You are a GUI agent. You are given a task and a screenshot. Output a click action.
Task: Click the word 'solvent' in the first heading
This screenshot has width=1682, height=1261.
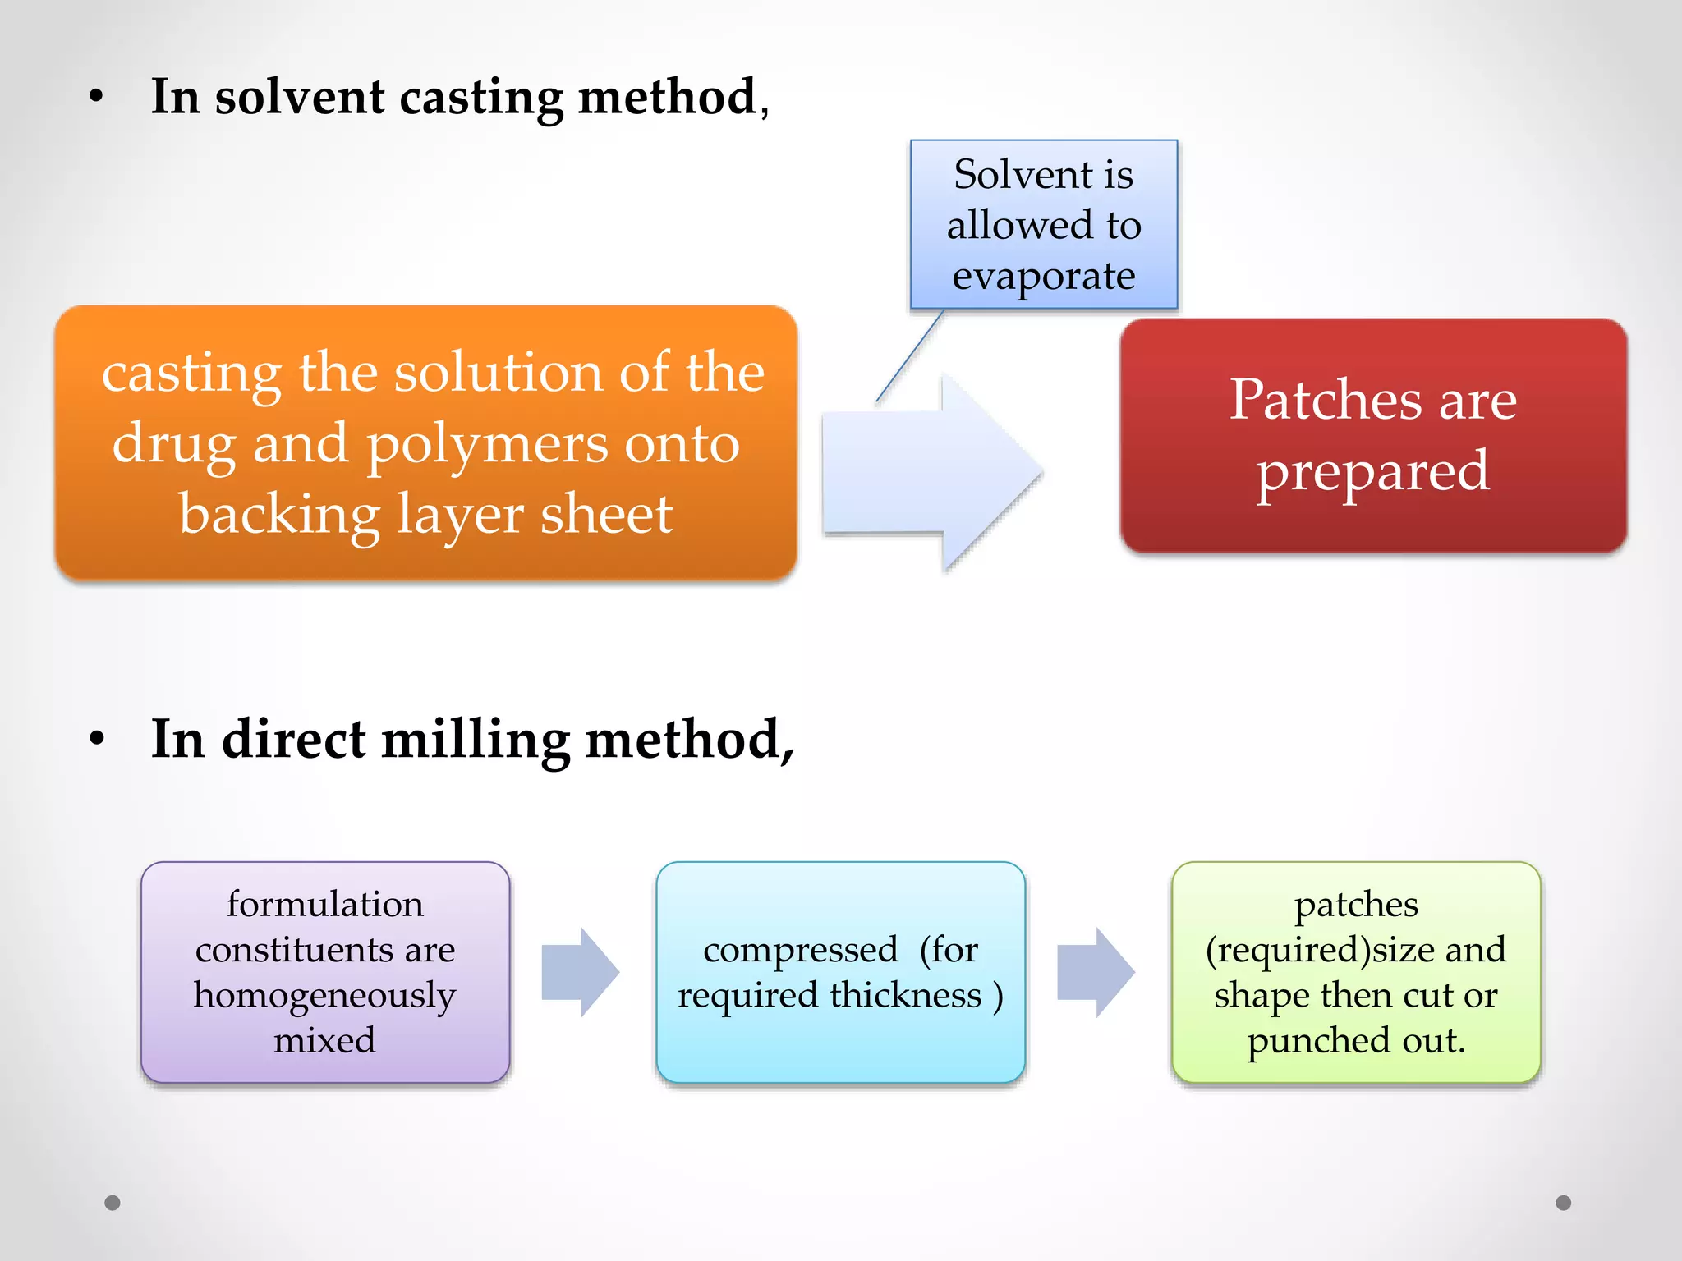299,97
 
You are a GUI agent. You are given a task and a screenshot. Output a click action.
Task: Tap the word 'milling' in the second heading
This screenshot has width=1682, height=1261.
476,740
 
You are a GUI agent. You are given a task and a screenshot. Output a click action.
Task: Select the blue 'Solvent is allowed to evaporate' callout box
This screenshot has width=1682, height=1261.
1043,224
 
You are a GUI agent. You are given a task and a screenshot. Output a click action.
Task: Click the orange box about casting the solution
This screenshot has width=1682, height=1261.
425,443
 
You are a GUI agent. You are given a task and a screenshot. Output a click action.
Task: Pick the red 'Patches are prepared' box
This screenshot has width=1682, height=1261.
1372,435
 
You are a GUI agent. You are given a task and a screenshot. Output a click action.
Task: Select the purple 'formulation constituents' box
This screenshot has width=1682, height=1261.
325,972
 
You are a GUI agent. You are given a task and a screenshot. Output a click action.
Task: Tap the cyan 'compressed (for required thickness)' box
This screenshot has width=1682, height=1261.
840,972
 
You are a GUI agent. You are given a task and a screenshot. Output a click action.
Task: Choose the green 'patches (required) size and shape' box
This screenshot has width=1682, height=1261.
1355,972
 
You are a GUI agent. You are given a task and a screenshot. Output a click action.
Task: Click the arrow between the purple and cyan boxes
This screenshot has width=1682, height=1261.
580,972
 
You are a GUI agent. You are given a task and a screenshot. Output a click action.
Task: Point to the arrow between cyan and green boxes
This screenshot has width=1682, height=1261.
1096,972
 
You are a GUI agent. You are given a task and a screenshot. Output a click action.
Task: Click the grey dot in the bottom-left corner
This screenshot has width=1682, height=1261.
113,1203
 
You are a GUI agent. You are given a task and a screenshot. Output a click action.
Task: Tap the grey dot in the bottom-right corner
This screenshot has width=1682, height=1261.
1563,1203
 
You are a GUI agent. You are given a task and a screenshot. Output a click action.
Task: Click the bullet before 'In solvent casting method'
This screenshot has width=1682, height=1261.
97,97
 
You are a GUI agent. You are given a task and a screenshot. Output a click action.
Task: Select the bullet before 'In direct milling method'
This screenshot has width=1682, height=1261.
97,739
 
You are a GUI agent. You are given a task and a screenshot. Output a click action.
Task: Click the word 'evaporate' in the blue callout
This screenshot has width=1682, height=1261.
1043,276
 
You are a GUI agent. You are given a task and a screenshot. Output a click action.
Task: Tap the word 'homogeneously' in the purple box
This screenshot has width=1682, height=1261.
324,995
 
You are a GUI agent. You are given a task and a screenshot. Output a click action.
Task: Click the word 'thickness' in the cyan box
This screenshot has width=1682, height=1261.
905,995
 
